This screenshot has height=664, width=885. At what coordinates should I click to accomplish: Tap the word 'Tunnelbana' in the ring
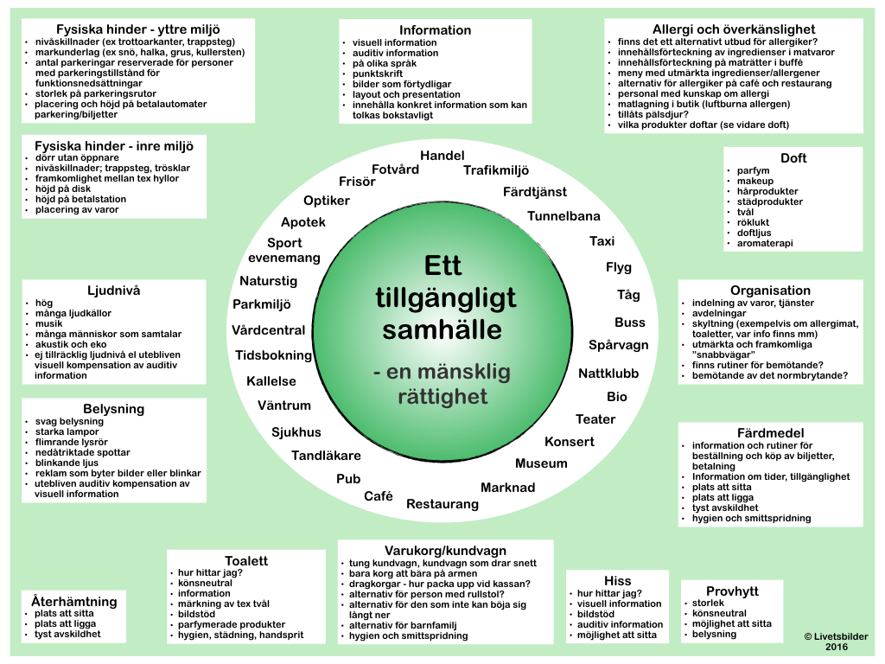pyautogui.click(x=563, y=216)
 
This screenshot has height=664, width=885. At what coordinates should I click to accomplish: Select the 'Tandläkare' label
pyautogui.click(x=326, y=456)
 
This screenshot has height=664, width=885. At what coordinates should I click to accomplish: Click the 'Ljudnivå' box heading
pyautogui.click(x=113, y=290)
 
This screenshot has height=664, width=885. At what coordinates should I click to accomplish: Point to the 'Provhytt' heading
pyautogui.click(x=732, y=591)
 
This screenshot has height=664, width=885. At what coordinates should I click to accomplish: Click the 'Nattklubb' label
pyautogui.click(x=608, y=374)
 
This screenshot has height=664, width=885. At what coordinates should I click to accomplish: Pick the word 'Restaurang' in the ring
pyautogui.click(x=442, y=504)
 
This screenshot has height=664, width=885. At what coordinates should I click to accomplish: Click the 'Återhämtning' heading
pyautogui.click(x=73, y=601)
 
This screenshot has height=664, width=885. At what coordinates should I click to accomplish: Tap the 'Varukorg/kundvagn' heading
pyautogui.click(x=445, y=551)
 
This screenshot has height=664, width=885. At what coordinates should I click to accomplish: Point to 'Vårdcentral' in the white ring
pyautogui.click(x=268, y=330)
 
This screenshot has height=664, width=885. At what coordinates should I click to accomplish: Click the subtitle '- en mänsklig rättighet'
pyautogui.click(x=442, y=385)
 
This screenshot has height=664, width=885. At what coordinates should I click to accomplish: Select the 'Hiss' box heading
pyautogui.click(x=618, y=581)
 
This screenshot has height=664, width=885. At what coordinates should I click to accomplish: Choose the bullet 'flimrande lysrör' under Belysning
pyautogui.click(x=72, y=442)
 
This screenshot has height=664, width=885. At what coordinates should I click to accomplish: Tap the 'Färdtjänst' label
pyautogui.click(x=535, y=191)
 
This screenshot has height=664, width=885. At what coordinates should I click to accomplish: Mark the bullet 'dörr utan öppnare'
pyautogui.click(x=77, y=157)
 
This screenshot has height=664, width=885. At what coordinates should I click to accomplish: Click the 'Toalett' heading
pyautogui.click(x=246, y=561)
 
